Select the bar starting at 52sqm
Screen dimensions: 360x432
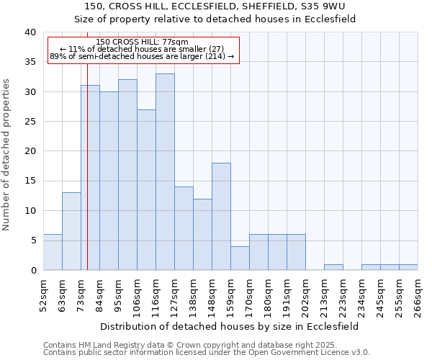pyautogui.click(x=53, y=252)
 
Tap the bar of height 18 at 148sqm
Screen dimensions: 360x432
pyautogui.click(x=221, y=216)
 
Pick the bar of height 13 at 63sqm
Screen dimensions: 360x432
pyautogui.click(x=71, y=231)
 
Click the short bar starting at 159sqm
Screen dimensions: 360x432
pyautogui.click(x=240, y=258)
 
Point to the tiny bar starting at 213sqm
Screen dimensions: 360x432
pyautogui.click(x=333, y=267)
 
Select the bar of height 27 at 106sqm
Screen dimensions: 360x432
pyautogui.click(x=146, y=189)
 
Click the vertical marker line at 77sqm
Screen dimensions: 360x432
pyautogui.click(x=87, y=180)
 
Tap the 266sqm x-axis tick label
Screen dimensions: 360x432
pyautogui.click(x=418, y=297)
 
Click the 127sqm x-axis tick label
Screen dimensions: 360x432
pyautogui.click(x=174, y=297)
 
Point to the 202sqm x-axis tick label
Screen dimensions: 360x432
pyautogui.click(x=305, y=297)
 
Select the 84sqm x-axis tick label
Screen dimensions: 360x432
pyautogui.click(x=99, y=297)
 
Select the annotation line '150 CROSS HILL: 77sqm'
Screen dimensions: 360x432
pyautogui.click(x=142, y=42)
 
